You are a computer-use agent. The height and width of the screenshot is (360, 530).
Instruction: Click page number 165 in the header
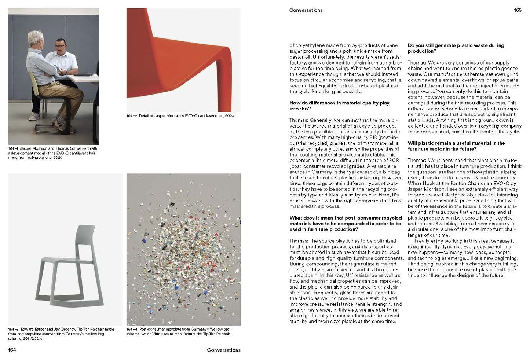(517, 10)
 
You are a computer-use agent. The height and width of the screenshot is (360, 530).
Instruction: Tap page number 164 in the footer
(12, 350)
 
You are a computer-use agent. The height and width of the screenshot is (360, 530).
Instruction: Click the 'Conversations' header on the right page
(306, 10)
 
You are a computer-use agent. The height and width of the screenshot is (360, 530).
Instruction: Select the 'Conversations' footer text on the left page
(224, 350)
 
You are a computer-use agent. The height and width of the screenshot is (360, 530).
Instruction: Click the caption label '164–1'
(13, 149)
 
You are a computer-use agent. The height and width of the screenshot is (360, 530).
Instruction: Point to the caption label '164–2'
(132, 116)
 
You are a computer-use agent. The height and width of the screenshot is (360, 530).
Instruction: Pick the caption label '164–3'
(13, 329)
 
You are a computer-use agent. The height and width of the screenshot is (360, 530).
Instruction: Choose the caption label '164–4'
(132, 329)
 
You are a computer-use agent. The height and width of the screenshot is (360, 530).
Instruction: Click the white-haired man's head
(36, 38)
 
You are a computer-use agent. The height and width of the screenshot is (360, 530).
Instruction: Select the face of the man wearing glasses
(61, 46)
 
